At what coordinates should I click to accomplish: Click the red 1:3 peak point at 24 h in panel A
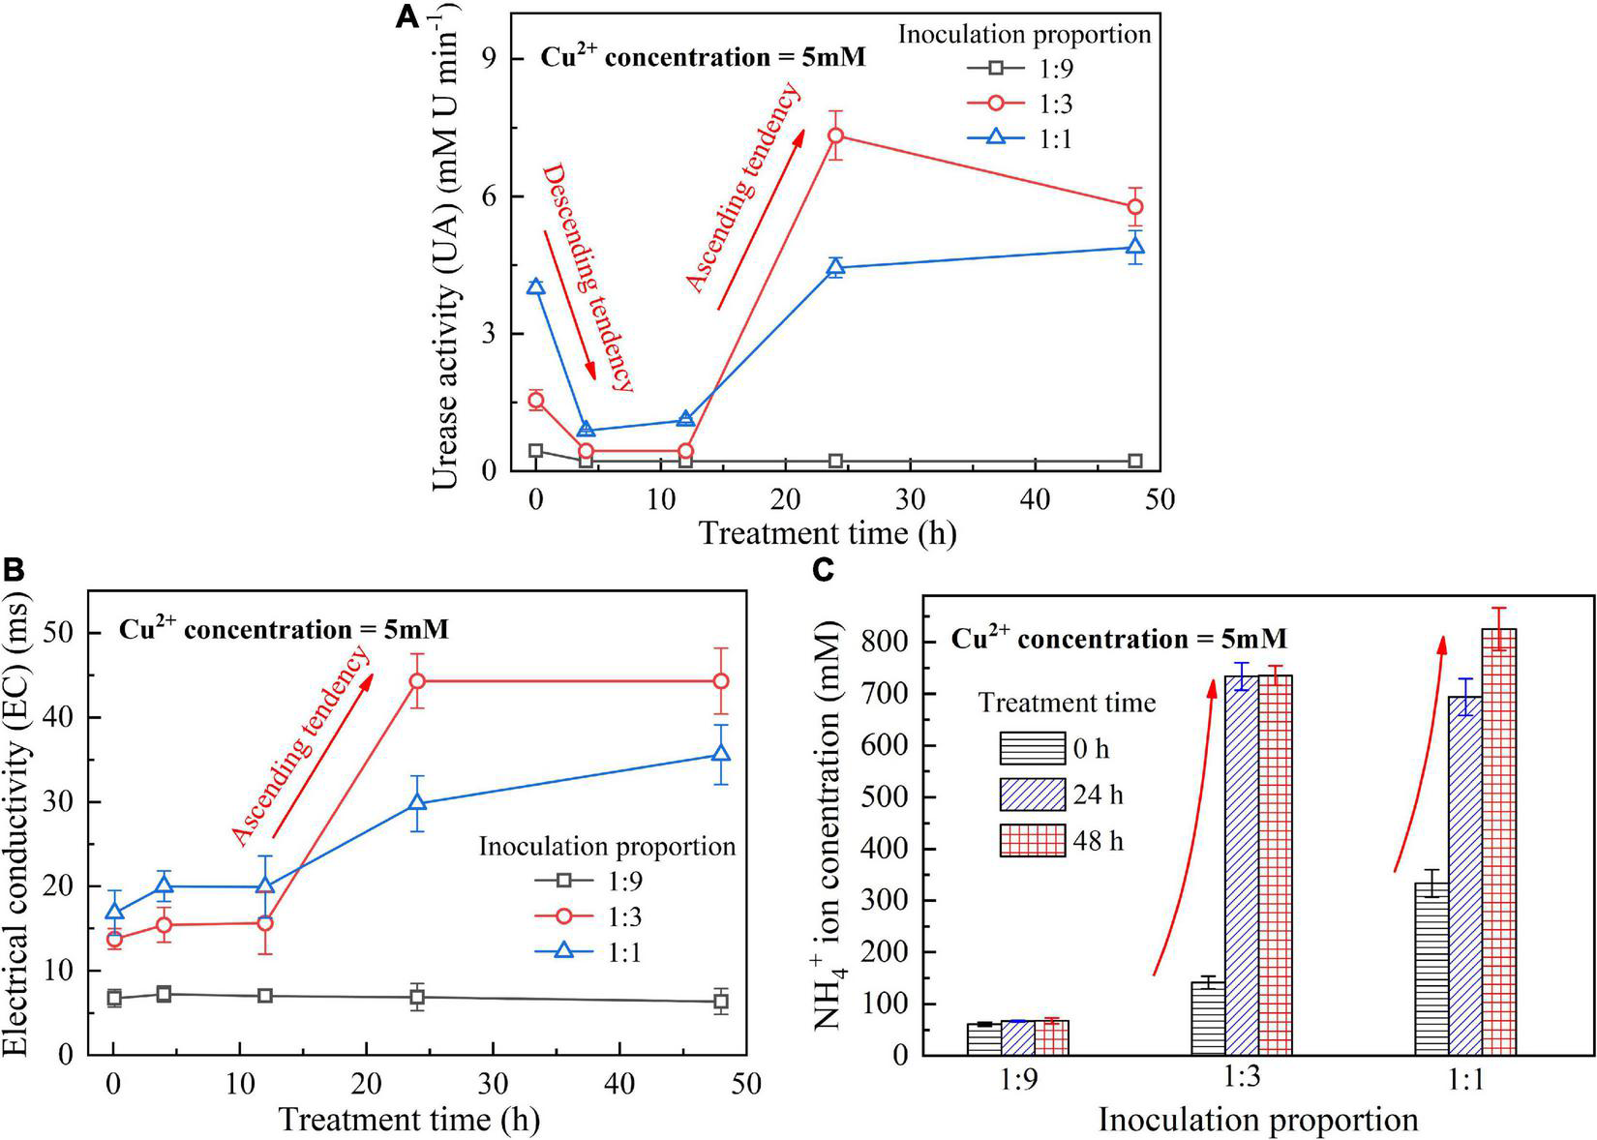835,135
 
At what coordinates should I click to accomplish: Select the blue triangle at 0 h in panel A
535,286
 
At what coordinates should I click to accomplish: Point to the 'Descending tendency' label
587,278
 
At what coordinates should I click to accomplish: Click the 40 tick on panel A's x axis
1035,499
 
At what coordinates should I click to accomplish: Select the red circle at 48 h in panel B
720,681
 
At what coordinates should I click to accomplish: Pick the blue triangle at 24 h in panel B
417,802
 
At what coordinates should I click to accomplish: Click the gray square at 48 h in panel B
720,1002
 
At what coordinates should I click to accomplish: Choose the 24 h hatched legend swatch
1030,795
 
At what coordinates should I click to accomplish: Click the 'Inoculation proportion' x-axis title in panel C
1257,1120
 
